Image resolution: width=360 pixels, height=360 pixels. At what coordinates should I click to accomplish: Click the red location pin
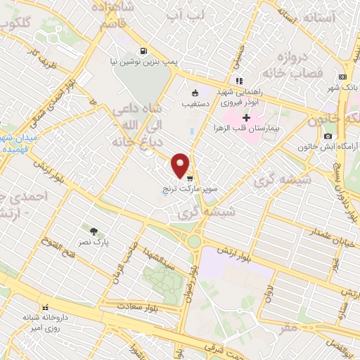[x=181, y=165]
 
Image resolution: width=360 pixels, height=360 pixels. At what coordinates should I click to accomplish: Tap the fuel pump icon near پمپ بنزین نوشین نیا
[x=143, y=51]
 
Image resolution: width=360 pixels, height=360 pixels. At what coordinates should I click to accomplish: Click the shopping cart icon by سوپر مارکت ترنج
[x=189, y=179]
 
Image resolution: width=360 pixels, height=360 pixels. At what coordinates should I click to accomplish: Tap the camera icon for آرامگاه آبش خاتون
[x=328, y=135]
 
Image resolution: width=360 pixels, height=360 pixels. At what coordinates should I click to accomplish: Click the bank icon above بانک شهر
[x=342, y=77]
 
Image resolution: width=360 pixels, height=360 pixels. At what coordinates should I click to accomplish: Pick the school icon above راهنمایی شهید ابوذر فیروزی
[x=239, y=80]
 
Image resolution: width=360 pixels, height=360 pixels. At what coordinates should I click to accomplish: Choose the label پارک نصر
[x=93, y=243]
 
